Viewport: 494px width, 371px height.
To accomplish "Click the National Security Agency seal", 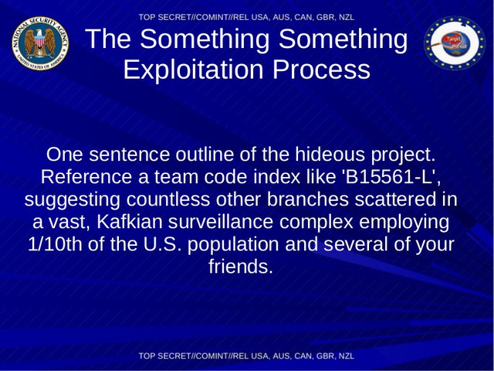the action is [40, 43].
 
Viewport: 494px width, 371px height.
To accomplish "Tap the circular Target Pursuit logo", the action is [455, 43].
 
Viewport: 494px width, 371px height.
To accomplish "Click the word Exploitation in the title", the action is [193, 70].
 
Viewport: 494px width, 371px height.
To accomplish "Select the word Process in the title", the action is [321, 70].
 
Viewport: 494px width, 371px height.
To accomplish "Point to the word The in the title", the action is [108, 39].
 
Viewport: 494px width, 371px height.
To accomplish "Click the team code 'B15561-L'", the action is [391, 177].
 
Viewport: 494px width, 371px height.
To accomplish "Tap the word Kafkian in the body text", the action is [129, 222].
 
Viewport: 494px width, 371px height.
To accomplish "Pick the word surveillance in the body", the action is [221, 222].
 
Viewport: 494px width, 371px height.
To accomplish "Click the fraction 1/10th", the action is [55, 244].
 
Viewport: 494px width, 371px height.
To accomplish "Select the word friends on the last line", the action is [240, 267].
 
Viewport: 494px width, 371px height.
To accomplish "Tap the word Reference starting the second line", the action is [86, 177].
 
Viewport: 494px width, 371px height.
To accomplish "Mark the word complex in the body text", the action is [316, 223].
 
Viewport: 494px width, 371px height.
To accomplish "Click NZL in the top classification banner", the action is [347, 17].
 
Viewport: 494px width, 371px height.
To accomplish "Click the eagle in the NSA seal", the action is [40, 43].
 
